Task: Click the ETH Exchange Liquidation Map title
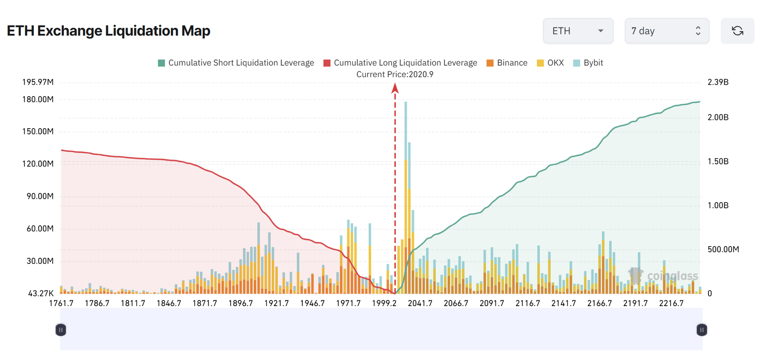(x=108, y=31)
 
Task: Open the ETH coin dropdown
(x=578, y=31)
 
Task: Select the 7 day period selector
(x=666, y=31)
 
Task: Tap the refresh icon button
(x=737, y=31)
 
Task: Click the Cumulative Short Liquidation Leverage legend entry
(x=236, y=63)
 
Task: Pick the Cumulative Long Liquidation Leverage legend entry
(x=400, y=63)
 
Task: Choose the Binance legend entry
(x=507, y=63)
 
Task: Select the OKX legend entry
(x=550, y=63)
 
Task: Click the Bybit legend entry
(x=588, y=63)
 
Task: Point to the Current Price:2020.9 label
(x=394, y=74)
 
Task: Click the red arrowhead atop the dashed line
(x=395, y=89)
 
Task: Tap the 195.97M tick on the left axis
(x=38, y=82)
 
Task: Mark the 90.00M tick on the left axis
(x=40, y=196)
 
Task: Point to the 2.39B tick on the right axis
(x=718, y=82)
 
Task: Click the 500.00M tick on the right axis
(x=723, y=249)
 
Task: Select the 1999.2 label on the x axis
(x=384, y=303)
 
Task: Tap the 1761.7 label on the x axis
(x=61, y=303)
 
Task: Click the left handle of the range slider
(x=61, y=330)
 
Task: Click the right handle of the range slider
(x=702, y=330)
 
